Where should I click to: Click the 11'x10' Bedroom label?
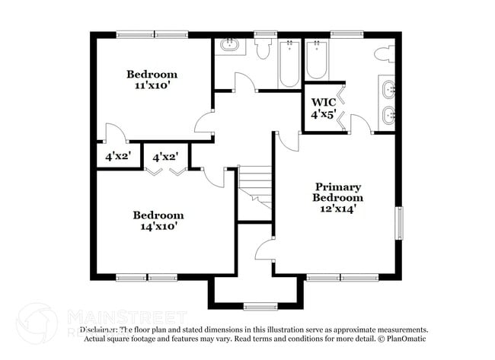[x=152, y=80]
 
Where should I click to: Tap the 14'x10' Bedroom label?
[x=158, y=221]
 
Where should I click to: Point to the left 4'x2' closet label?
[x=118, y=158]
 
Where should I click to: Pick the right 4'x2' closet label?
[x=165, y=158]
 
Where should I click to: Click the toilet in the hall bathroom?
[x=263, y=49]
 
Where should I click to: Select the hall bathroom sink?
[x=229, y=46]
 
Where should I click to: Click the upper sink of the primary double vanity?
[x=388, y=89]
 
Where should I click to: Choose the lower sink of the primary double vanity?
[x=388, y=116]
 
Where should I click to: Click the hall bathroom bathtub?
[x=289, y=63]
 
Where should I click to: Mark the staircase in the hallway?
[x=256, y=186]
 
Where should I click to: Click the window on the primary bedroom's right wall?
[x=398, y=224]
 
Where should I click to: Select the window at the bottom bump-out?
[x=260, y=307]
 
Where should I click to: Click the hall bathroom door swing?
[x=244, y=83]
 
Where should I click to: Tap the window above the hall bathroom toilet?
[x=265, y=34]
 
